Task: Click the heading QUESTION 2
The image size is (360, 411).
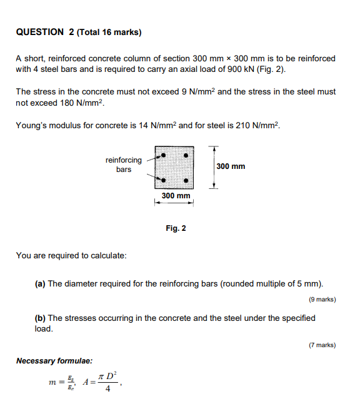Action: coord(39,32)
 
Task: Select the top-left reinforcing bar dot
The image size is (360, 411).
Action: coord(163,154)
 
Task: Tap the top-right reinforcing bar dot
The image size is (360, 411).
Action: coord(186,154)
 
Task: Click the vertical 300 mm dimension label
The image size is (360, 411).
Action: coord(231,166)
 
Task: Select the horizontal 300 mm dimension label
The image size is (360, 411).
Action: coord(176,196)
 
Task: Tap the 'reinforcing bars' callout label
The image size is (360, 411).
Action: coord(124,165)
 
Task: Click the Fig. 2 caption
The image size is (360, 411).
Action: coord(176,228)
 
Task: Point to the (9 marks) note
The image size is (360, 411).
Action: coord(322,300)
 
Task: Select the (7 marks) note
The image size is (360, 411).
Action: coord(322,345)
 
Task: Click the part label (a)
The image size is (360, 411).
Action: coord(40,283)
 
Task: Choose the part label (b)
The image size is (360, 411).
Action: coord(40,318)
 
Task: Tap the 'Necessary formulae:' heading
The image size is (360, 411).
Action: coord(54,361)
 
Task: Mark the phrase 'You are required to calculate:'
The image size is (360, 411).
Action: coord(71,255)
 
